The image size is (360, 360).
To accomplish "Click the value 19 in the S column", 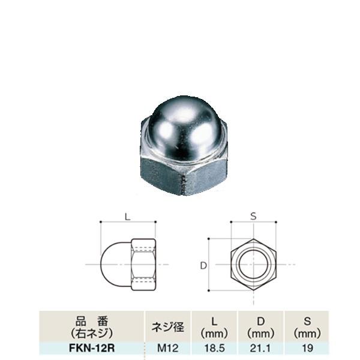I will (x=305, y=347).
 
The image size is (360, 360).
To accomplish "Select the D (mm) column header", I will (x=259, y=327).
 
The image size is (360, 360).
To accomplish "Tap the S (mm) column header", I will (x=305, y=327).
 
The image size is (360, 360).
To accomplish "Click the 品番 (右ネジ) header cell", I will (x=91, y=327).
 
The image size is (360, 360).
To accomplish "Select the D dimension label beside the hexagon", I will (x=204, y=265).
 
